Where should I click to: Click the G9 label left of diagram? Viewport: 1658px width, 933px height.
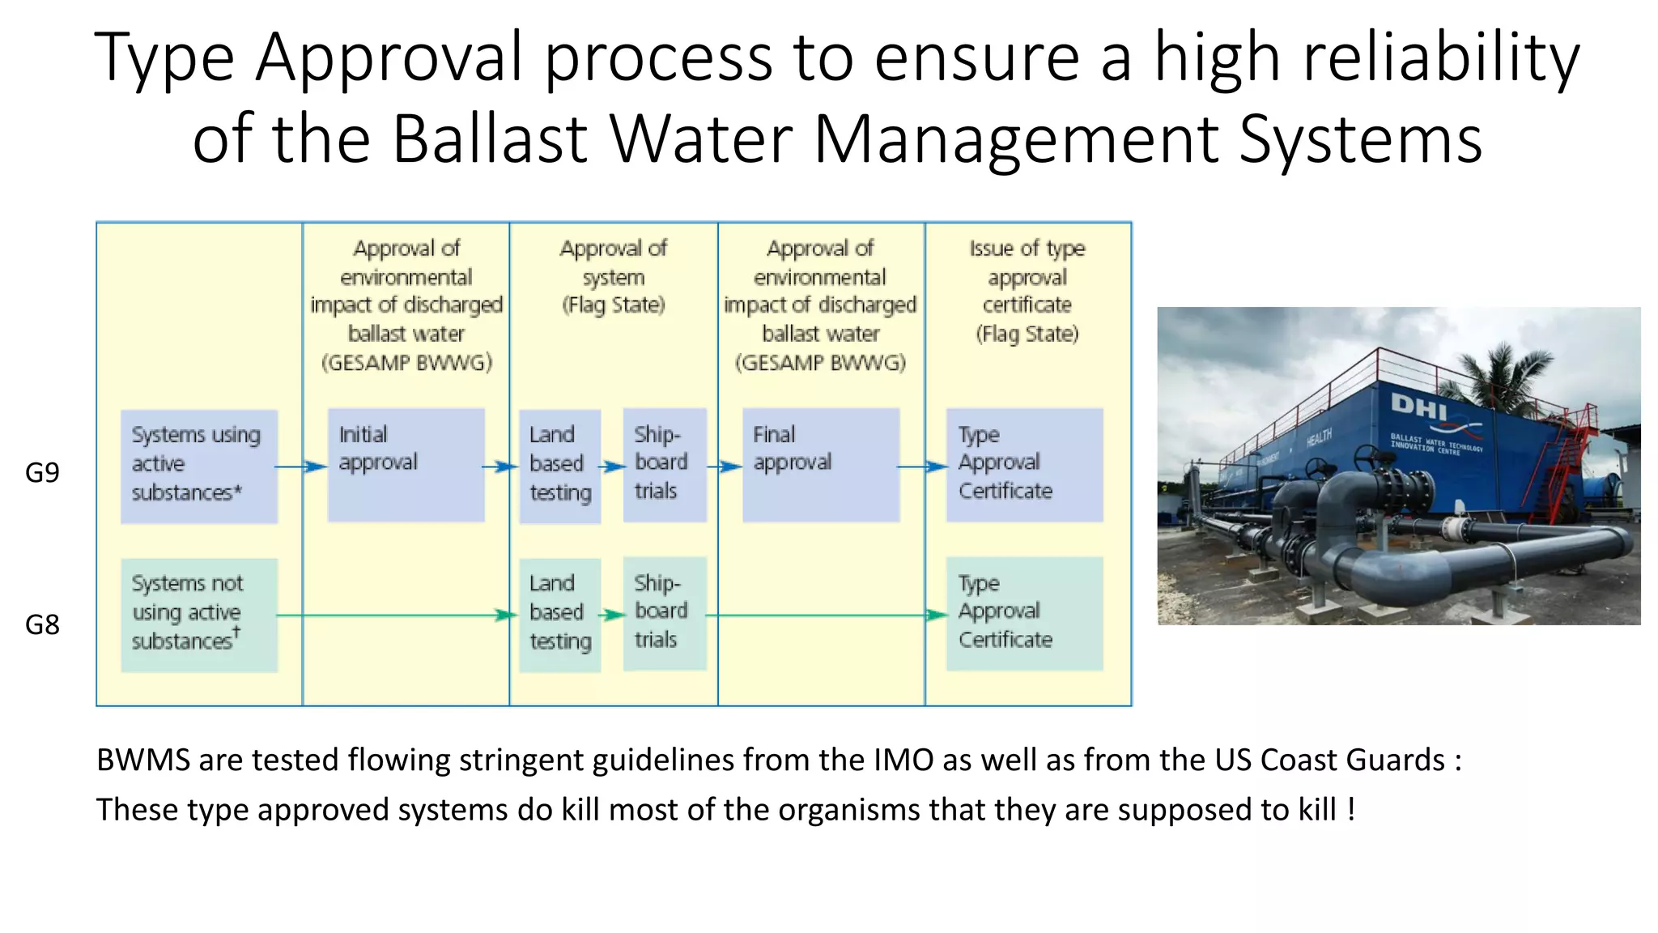[x=42, y=472]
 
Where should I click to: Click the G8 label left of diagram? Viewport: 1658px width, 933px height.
[x=42, y=624]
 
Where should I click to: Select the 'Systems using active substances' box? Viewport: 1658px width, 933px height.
[x=199, y=466]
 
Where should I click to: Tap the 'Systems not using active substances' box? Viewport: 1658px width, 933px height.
[x=199, y=615]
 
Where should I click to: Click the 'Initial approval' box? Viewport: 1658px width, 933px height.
[x=406, y=465]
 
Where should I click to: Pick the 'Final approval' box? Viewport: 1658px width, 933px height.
[x=820, y=465]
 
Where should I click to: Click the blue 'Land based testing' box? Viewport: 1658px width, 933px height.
[x=559, y=466]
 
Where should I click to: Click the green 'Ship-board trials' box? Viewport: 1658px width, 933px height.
[x=664, y=613]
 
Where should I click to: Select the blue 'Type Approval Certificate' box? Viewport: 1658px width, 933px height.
[x=1024, y=465]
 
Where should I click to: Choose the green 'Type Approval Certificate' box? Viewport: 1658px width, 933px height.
[x=1024, y=613]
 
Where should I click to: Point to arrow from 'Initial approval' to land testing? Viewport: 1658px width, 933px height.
[x=500, y=466]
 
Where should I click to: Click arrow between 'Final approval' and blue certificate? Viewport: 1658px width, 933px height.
[x=923, y=466]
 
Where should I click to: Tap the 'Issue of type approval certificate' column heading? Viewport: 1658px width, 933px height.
[x=1027, y=291]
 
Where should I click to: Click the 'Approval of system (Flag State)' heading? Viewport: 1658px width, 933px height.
[x=614, y=276]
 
